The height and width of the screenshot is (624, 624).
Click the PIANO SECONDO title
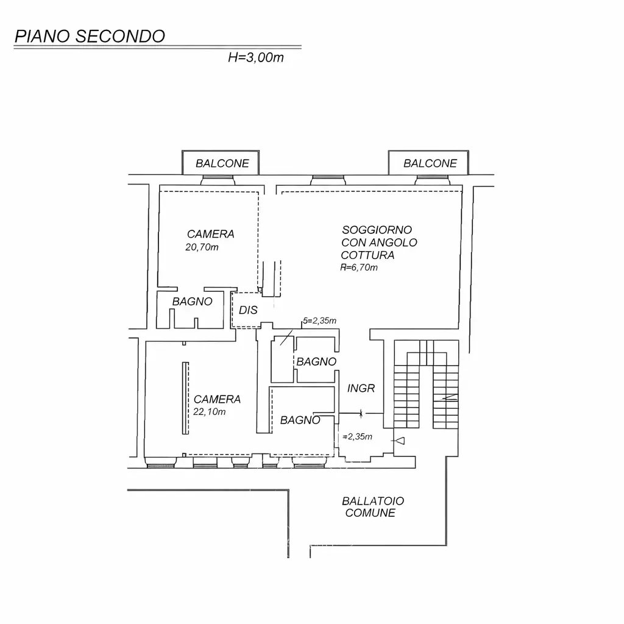(x=90, y=36)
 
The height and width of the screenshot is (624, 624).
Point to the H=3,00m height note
(x=256, y=58)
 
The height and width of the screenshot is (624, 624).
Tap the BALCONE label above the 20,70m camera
(x=222, y=163)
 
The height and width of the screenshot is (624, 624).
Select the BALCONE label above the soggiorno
(x=430, y=163)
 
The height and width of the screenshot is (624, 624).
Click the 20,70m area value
(x=202, y=247)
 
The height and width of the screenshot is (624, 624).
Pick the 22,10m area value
(x=209, y=412)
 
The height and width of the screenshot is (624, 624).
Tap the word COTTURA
(x=367, y=255)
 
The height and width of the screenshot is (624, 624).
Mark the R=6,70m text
(x=360, y=268)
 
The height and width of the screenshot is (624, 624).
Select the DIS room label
(x=248, y=310)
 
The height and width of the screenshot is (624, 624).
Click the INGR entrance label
(x=361, y=388)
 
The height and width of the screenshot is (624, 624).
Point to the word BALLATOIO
(x=372, y=501)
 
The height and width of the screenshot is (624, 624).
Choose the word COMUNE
(x=370, y=513)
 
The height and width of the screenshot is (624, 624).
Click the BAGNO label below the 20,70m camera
(x=192, y=302)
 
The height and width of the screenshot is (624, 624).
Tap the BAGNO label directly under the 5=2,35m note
(x=316, y=362)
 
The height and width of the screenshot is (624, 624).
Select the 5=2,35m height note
(x=320, y=321)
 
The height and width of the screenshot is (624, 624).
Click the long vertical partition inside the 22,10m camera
(x=185, y=397)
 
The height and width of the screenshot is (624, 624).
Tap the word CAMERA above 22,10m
(x=217, y=400)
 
